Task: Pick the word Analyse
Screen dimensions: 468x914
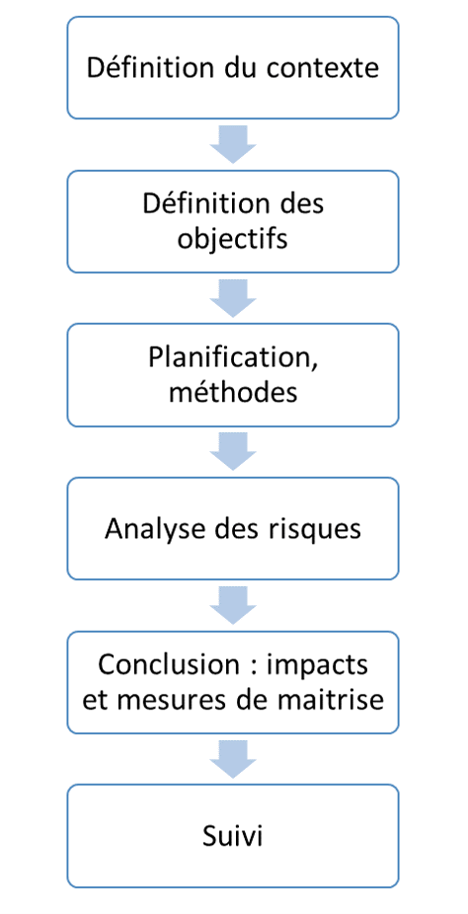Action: (150, 530)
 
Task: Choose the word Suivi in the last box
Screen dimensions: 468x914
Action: (233, 836)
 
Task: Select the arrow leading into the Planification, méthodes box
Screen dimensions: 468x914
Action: (233, 298)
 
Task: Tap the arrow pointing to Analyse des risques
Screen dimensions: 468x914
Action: (233, 452)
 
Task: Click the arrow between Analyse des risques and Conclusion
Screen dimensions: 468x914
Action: (233, 605)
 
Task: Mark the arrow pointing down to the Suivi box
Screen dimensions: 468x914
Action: (233, 759)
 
